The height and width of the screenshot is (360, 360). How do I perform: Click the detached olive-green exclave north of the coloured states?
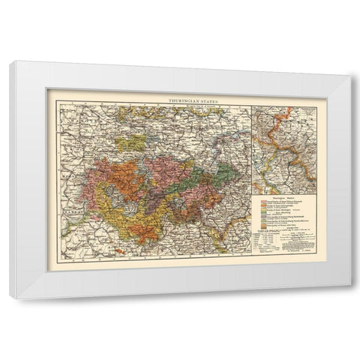coord(135,142)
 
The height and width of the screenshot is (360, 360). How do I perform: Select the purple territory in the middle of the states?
coord(161,169)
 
